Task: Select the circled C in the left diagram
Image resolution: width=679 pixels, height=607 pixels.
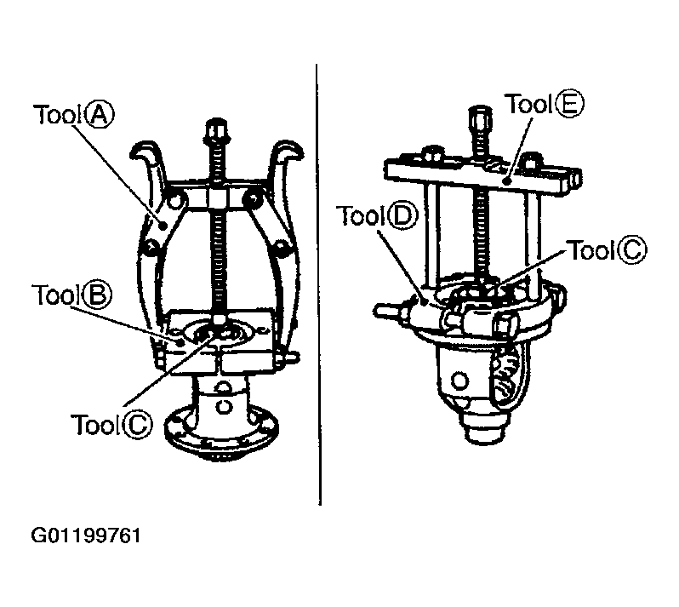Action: click(x=138, y=424)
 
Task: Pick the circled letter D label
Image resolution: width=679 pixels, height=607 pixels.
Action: click(x=402, y=216)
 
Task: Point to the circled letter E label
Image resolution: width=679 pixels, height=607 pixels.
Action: click(x=569, y=105)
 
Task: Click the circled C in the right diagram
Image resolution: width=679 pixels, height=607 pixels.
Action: click(x=632, y=250)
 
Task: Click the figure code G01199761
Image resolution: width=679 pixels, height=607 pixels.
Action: click(x=86, y=535)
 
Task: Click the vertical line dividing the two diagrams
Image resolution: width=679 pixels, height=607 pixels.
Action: click(x=318, y=284)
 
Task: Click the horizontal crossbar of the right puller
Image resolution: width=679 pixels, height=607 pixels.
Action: click(x=482, y=175)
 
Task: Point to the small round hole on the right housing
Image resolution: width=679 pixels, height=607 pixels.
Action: click(x=459, y=381)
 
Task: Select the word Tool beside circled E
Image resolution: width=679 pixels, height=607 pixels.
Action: click(x=528, y=105)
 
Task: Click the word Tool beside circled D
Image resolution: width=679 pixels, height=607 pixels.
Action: click(x=361, y=215)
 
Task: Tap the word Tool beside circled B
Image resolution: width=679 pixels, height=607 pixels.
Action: click(x=55, y=295)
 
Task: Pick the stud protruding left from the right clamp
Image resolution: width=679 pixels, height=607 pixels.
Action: click(x=386, y=310)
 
